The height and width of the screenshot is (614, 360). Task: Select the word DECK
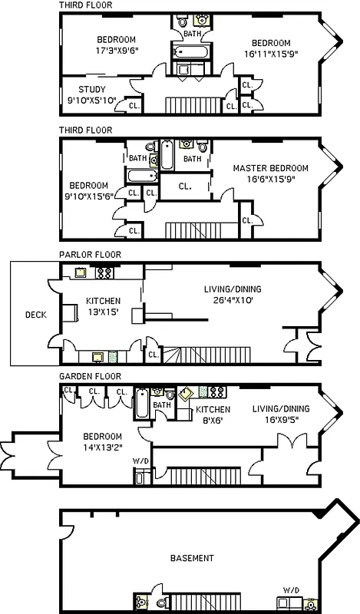35,314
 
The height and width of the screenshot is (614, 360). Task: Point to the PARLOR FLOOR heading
90,254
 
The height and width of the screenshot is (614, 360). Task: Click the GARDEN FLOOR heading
91,377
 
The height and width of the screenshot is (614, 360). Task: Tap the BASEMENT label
192,558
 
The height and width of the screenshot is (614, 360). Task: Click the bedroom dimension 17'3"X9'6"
116,52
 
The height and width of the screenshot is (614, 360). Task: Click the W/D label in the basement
291,589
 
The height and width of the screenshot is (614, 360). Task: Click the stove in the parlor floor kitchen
104,272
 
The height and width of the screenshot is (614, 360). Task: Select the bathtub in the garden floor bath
144,404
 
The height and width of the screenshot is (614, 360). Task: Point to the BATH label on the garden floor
161,405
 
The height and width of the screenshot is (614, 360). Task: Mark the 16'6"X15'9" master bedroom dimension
269,179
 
